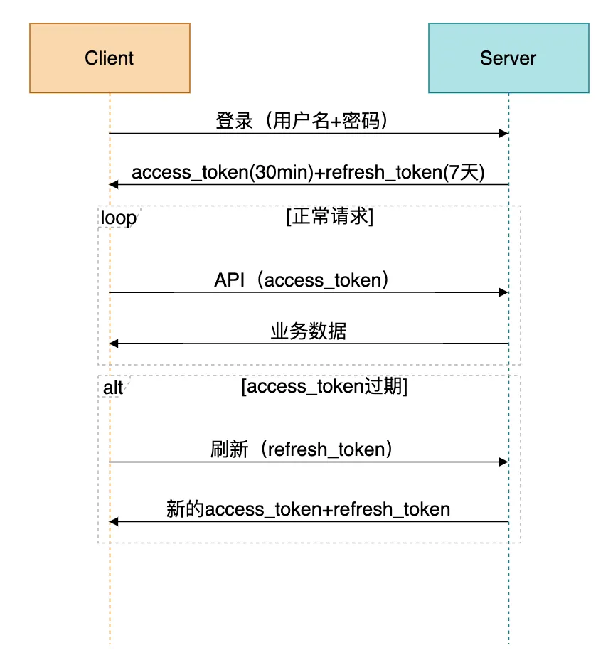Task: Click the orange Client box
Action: [110, 58]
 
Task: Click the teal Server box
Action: [508, 58]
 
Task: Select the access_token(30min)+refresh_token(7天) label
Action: [308, 173]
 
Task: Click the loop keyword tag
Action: [118, 218]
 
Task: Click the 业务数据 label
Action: [308, 331]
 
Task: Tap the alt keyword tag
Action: [114, 387]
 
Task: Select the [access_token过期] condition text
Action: [324, 386]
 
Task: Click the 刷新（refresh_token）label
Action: [302, 449]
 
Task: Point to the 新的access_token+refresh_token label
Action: [308, 509]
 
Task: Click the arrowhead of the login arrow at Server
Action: [504, 134]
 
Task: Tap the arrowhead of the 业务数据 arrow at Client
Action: [114, 344]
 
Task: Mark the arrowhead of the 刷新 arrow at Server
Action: [504, 462]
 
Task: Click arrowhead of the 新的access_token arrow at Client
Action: [114, 522]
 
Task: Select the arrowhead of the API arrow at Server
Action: [504, 292]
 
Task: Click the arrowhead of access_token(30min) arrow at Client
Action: [114, 185]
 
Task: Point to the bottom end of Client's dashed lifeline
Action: [110, 643]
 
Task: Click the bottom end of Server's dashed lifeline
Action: [508, 643]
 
